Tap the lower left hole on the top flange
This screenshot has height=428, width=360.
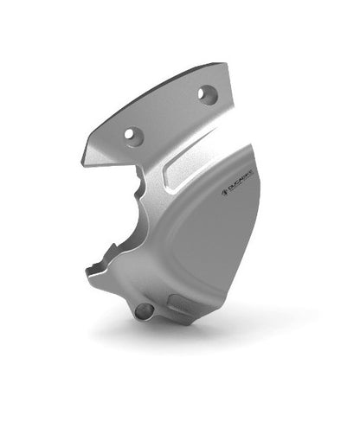tap(132, 134)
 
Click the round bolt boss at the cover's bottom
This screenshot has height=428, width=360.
tap(145, 309)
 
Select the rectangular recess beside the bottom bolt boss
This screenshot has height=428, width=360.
tap(177, 303)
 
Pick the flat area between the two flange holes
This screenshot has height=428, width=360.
tap(170, 114)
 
